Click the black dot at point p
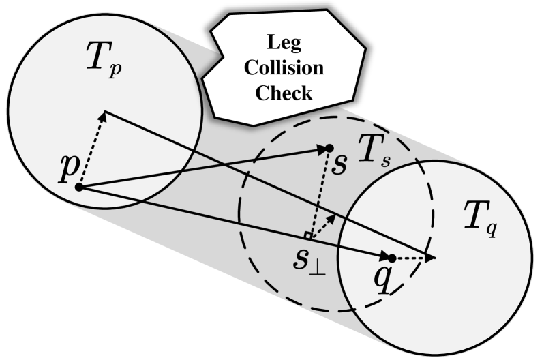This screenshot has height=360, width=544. click(x=79, y=187)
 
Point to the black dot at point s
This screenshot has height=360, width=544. click(x=329, y=148)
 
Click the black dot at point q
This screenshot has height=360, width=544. click(x=391, y=258)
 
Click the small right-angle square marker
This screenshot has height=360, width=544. click(x=309, y=235)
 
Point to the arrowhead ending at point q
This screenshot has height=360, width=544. click(x=382, y=256)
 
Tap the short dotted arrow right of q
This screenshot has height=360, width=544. click(x=413, y=258)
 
